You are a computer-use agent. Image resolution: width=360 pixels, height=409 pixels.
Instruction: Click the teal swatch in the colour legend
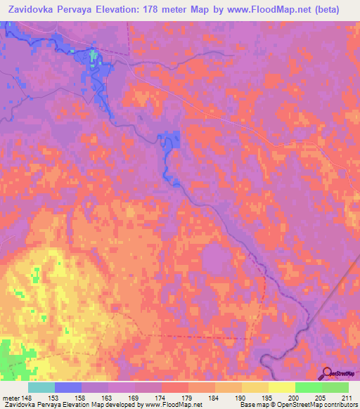41,387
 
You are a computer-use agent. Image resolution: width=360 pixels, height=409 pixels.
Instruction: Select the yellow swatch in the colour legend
281,387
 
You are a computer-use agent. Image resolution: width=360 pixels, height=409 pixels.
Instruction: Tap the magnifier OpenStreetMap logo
327,373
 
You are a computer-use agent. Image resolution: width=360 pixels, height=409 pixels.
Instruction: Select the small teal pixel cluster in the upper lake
93,53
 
